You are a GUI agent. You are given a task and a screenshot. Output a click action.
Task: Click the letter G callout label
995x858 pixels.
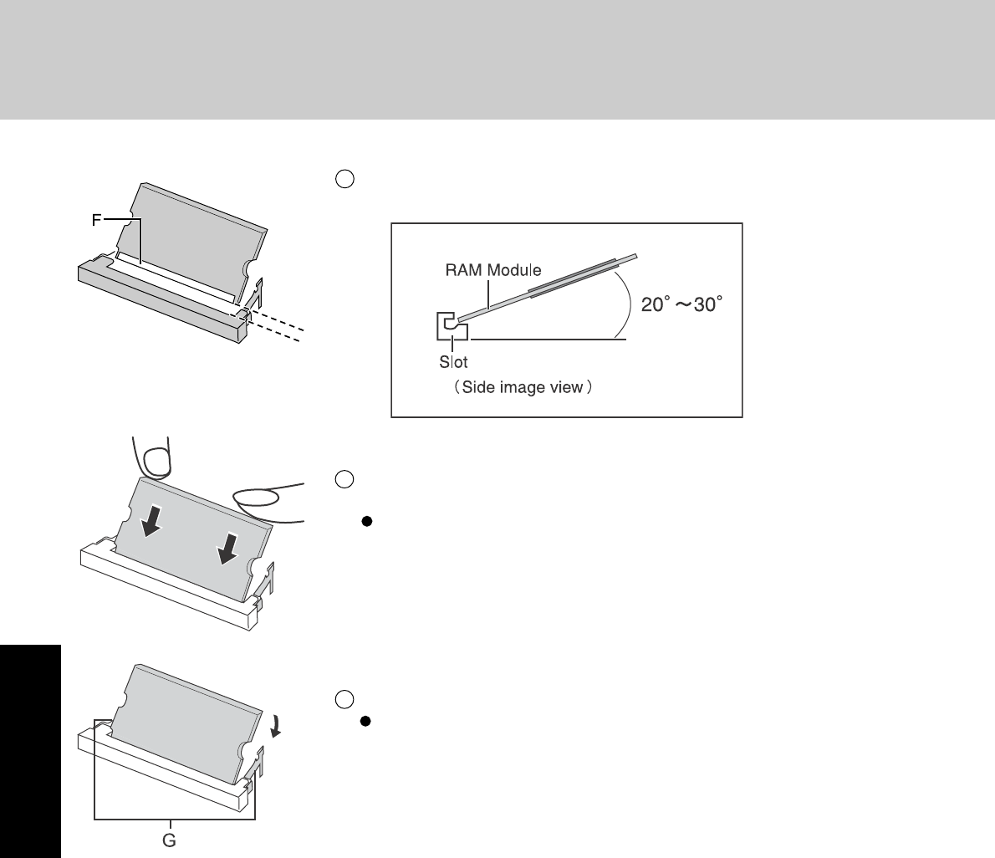(169, 840)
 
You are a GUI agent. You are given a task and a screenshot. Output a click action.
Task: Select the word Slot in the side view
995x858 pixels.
(453, 363)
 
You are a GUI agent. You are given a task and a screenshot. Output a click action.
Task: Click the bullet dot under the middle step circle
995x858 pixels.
(365, 522)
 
